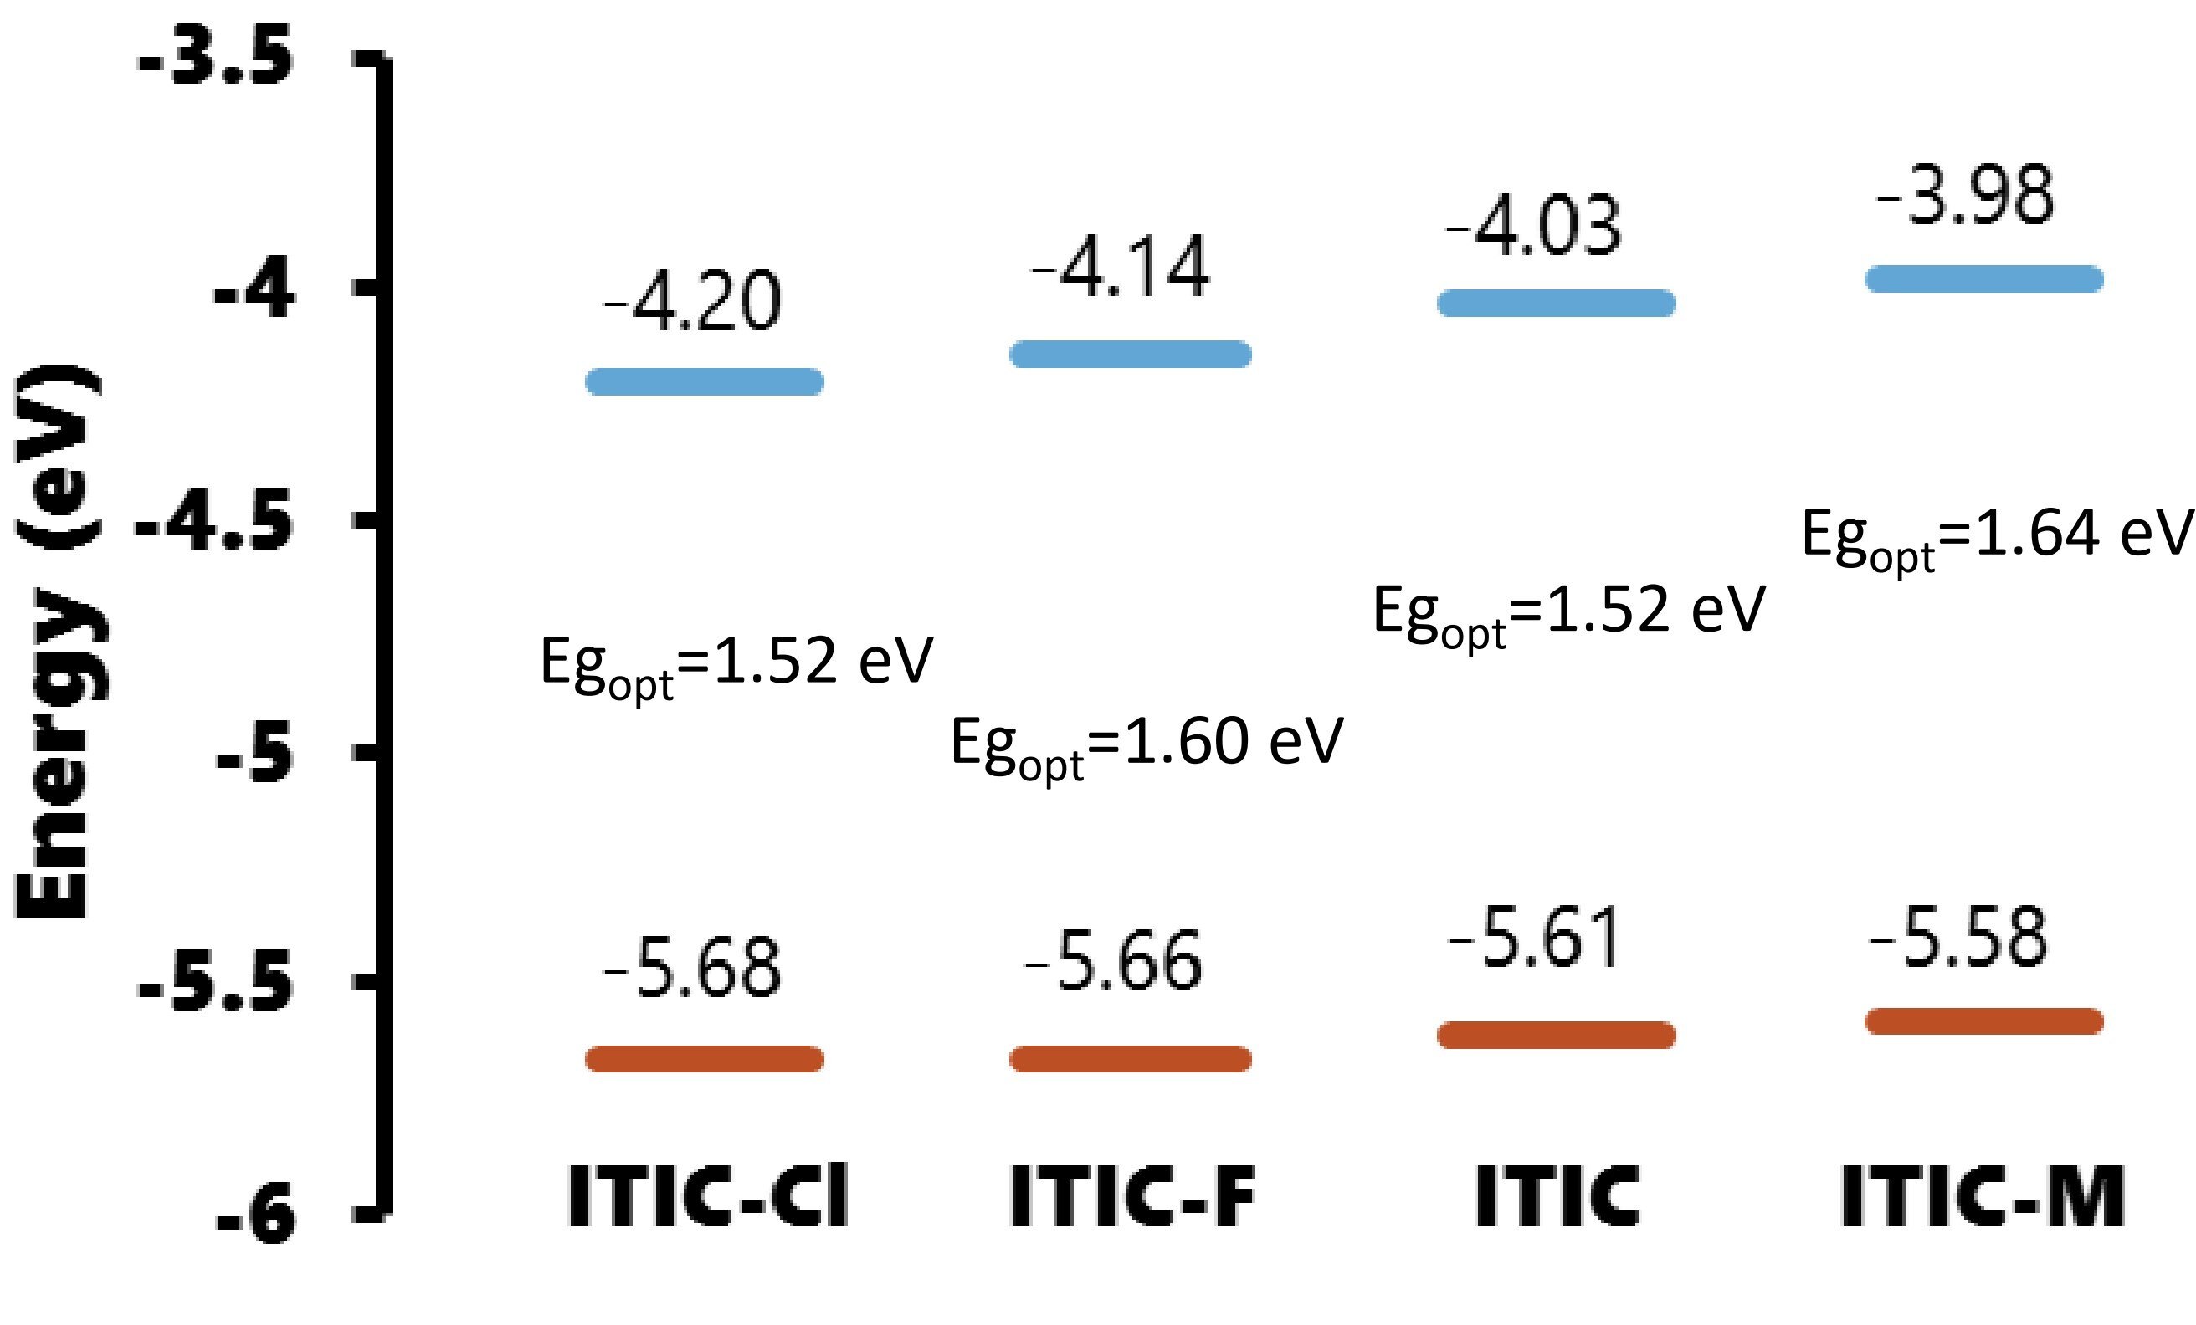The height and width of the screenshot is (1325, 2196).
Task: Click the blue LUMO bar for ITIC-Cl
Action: point(704,381)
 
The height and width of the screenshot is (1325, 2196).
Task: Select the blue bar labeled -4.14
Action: point(1130,354)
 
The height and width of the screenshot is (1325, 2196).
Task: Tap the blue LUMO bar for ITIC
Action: point(1556,303)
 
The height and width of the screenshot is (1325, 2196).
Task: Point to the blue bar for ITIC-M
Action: point(1984,279)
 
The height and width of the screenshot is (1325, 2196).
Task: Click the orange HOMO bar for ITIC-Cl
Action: point(704,1058)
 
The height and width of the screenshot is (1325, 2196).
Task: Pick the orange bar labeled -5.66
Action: point(1130,1058)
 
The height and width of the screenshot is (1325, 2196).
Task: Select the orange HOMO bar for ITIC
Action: point(1556,1035)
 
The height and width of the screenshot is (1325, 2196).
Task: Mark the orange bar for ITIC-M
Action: point(1984,1021)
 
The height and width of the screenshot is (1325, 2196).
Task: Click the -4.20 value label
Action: point(692,302)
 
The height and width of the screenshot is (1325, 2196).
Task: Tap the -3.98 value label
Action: point(1965,196)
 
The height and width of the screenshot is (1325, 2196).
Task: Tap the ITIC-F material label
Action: point(1131,1196)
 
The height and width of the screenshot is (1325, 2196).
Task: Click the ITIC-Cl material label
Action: point(709,1196)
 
